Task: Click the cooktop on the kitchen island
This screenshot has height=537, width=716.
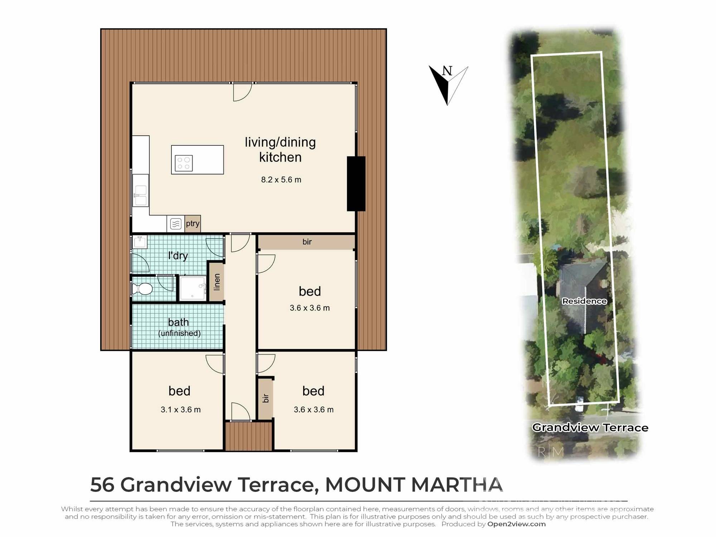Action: [184, 163]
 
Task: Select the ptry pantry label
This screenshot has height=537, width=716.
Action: [193, 224]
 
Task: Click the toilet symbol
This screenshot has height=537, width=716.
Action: [142, 289]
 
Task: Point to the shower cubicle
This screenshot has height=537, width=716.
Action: [193, 288]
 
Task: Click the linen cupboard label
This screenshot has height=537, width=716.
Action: [217, 282]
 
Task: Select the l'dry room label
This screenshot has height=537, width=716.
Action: [178, 256]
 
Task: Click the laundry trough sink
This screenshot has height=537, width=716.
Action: [140, 242]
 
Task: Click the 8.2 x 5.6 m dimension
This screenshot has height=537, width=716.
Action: [281, 180]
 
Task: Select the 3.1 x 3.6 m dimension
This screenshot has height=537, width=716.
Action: [180, 410]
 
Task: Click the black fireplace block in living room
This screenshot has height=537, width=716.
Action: [356, 184]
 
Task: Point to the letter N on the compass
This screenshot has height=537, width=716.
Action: [447, 71]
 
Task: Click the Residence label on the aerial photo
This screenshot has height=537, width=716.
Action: [584, 301]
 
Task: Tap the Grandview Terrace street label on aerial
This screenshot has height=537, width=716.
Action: [590, 427]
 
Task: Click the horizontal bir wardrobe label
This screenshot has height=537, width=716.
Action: [307, 242]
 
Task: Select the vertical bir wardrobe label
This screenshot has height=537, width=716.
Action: [266, 398]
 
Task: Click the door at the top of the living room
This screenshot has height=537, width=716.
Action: [242, 92]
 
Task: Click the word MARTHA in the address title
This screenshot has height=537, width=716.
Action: [457, 484]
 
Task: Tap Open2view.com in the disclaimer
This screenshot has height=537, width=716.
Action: [516, 524]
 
